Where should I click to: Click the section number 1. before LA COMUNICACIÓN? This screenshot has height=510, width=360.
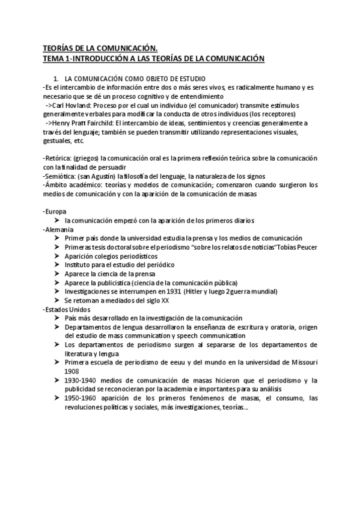pos(56,79)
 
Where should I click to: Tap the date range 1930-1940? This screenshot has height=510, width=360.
pos(81,380)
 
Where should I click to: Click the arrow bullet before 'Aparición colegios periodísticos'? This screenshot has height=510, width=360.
pos(57,256)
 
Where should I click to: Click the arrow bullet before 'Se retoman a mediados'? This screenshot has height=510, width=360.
pos(57,300)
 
